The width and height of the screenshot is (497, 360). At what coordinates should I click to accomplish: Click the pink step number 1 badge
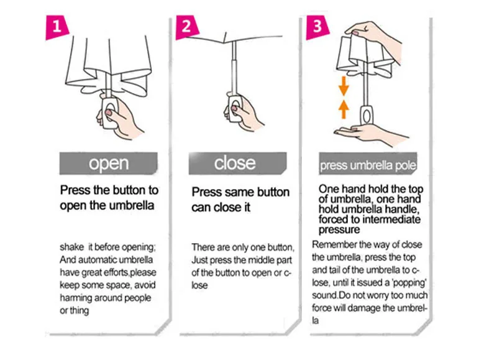tap(57, 27)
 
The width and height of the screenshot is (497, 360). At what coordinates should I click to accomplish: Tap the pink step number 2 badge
tap(187, 27)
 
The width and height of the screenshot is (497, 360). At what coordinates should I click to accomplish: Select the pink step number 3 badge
tap(317, 27)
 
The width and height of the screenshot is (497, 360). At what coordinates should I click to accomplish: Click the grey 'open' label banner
tap(108, 164)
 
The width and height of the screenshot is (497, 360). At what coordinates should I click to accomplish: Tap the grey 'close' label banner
tap(238, 164)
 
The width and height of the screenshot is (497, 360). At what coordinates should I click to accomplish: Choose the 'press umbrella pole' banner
tap(368, 164)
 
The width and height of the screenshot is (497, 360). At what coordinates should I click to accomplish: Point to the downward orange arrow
tap(344, 86)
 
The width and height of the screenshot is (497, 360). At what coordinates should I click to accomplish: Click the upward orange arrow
tap(344, 109)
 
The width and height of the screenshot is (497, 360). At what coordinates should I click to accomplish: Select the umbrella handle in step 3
tap(367, 116)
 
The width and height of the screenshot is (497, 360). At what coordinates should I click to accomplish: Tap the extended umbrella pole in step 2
tap(234, 67)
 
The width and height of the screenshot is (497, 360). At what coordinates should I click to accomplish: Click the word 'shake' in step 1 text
tap(72, 247)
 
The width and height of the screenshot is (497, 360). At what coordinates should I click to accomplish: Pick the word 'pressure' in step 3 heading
tap(339, 229)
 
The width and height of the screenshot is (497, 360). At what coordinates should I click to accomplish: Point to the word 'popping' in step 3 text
tap(409, 283)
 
